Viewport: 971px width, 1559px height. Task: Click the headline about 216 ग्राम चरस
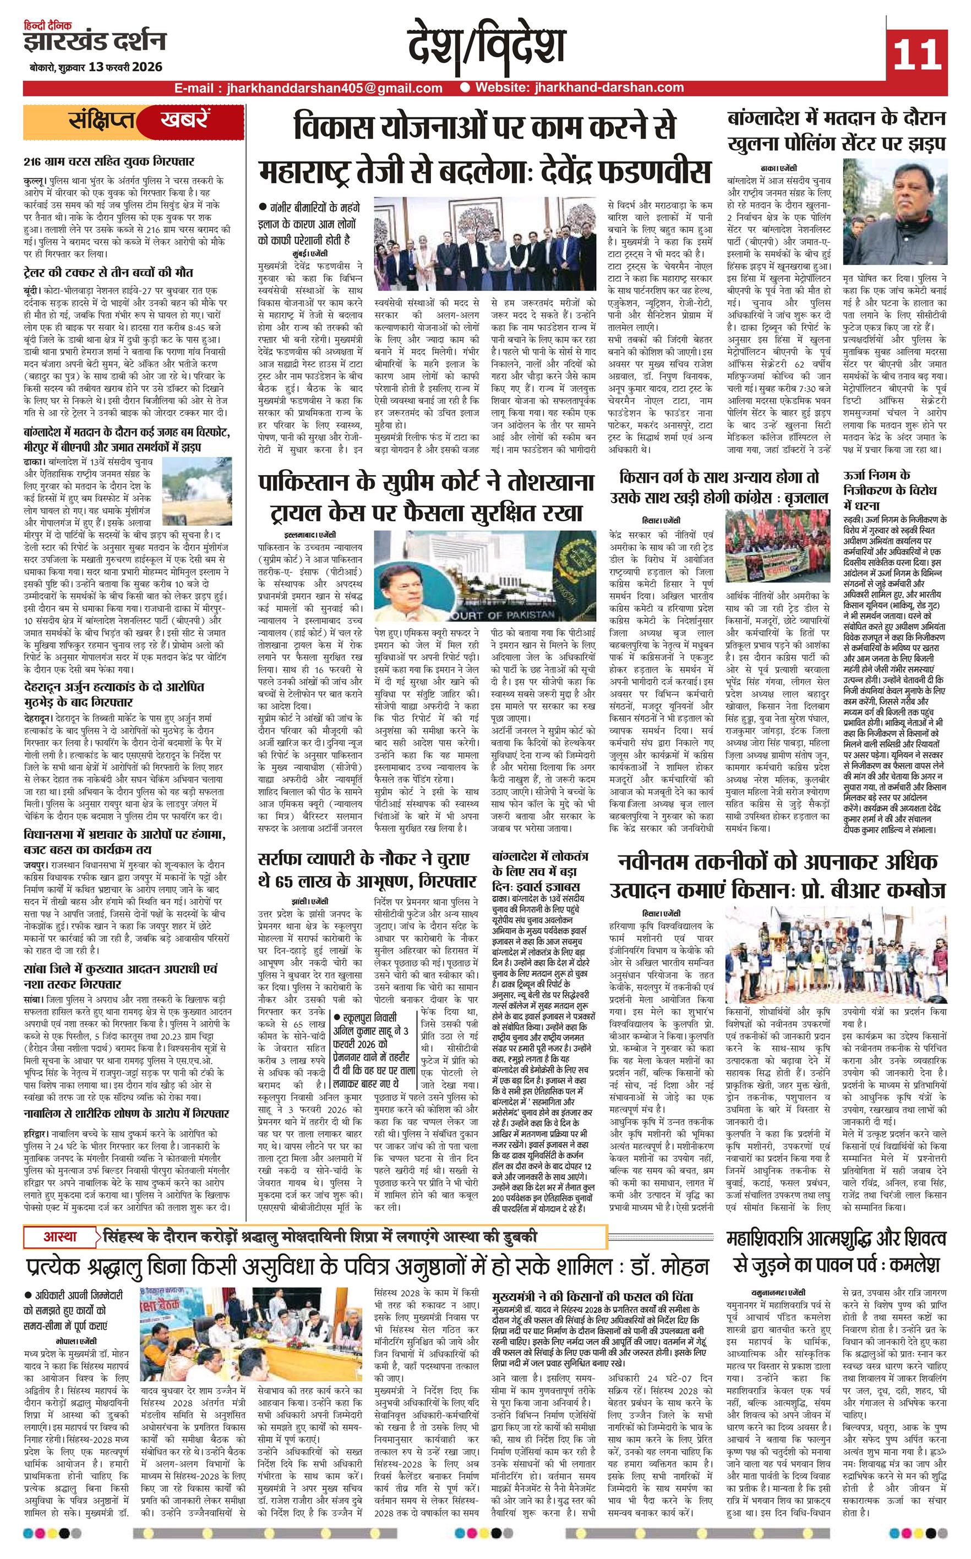(x=109, y=161)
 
